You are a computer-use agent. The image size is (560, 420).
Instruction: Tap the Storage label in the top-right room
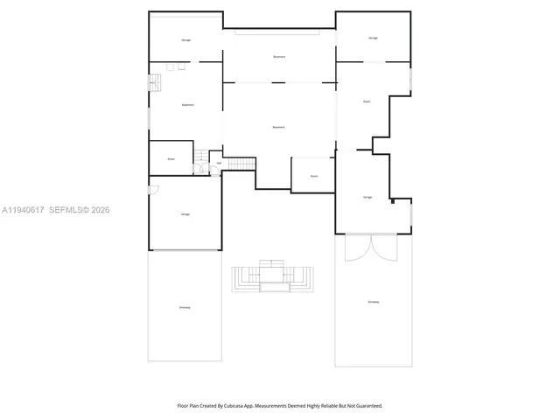pyautogui.click(x=373, y=38)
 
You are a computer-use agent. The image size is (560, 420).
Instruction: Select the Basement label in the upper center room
pyautogui.click(x=279, y=57)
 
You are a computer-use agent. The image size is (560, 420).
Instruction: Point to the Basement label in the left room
pyautogui.click(x=187, y=105)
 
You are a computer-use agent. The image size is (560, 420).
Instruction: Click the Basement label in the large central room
pyautogui.click(x=279, y=128)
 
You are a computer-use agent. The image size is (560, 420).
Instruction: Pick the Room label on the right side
pyautogui.click(x=367, y=101)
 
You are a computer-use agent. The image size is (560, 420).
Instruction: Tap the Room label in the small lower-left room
pyautogui.click(x=171, y=158)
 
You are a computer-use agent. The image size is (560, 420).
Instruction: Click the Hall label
pyautogui.click(x=217, y=163)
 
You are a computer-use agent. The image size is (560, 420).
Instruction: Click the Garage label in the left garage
pyautogui.click(x=185, y=214)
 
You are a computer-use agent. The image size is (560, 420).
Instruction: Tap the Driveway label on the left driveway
pyautogui.click(x=185, y=307)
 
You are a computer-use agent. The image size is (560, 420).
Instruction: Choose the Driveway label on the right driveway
pyautogui.click(x=374, y=302)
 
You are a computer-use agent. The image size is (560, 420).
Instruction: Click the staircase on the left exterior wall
pyautogui.click(x=154, y=83)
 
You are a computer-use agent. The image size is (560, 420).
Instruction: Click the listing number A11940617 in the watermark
pyautogui.click(x=23, y=210)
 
